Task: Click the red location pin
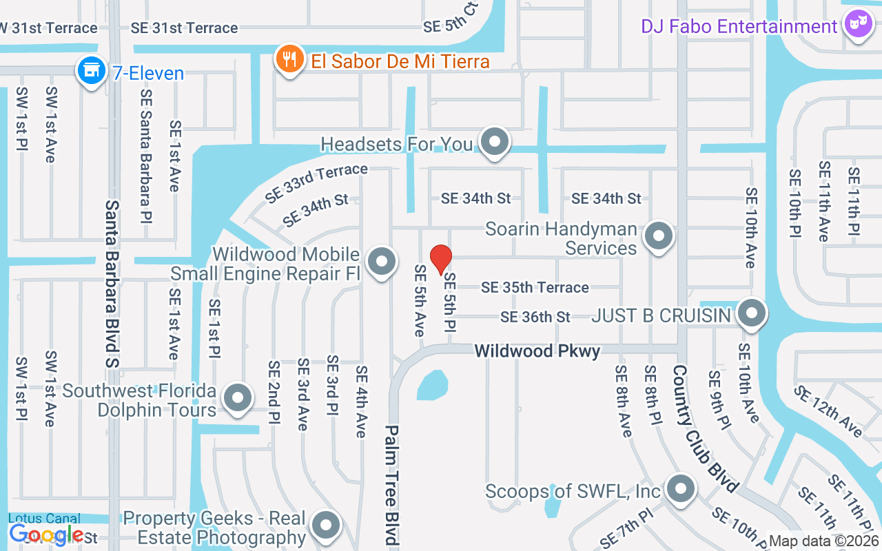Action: [x=440, y=260]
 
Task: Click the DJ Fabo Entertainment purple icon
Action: [x=857, y=25]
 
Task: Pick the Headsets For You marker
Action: [x=494, y=142]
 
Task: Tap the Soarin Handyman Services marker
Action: [x=659, y=236]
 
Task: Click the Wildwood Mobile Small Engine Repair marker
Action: [x=381, y=262]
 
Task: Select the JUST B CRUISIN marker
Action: [x=751, y=314]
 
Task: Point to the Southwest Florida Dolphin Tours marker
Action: [x=238, y=397]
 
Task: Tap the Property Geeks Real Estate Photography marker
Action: [x=325, y=525]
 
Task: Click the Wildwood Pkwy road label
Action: [x=537, y=351]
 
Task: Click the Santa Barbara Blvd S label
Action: [x=112, y=282]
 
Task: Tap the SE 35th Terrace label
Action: [x=535, y=287]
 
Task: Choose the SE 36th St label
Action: [x=535, y=317]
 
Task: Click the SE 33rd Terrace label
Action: [x=316, y=183]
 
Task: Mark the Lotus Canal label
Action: [x=44, y=519]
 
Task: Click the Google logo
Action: [x=46, y=534]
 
